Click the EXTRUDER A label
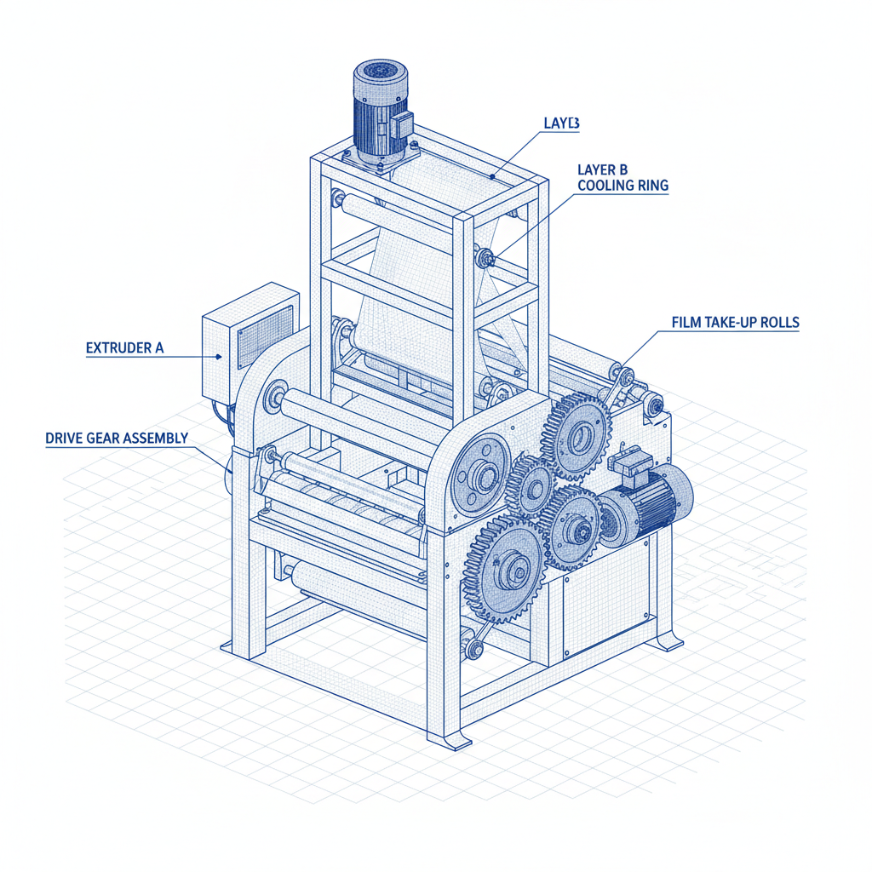tap(124, 348)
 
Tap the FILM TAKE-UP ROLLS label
tap(735, 323)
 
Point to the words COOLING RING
tap(622, 185)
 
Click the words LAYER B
tap(602, 169)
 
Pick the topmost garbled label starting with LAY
tap(561, 123)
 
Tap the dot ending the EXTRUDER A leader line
tap(220, 358)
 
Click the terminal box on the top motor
tap(399, 126)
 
